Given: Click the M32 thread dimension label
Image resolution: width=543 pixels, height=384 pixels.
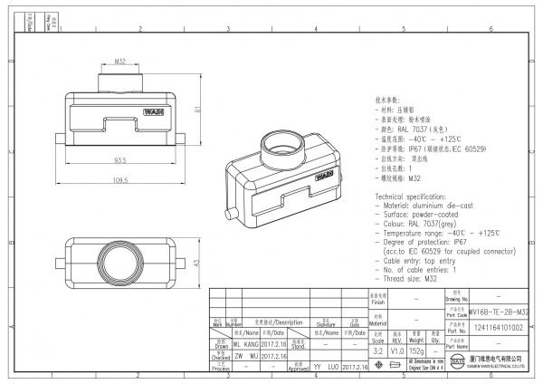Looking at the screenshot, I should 119,61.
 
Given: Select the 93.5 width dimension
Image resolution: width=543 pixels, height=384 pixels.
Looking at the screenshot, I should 119,160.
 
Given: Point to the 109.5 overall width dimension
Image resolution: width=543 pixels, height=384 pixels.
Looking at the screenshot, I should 119,180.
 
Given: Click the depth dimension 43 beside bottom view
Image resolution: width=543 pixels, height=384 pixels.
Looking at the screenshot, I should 198,263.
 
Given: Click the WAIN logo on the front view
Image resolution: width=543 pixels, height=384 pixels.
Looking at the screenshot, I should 152,113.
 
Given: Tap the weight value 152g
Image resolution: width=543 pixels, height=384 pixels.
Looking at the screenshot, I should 416,350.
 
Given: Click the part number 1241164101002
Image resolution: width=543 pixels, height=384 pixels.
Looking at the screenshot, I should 499,328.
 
